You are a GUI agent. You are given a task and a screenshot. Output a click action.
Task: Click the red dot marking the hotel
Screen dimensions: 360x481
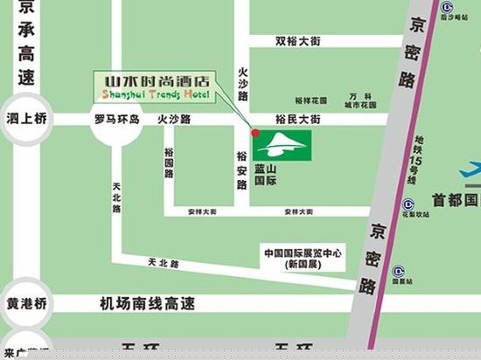tap(254, 133)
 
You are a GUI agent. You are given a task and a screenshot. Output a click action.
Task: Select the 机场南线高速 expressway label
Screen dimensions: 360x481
tap(147, 303)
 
